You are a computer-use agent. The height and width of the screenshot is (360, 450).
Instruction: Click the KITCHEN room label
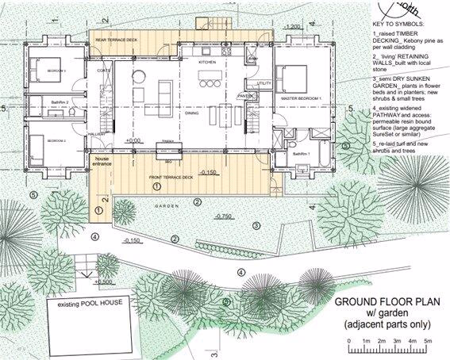pos(207,61)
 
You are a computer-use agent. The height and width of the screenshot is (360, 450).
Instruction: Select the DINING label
pos(192,113)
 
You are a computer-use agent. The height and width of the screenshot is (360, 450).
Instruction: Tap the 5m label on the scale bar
pos(429,340)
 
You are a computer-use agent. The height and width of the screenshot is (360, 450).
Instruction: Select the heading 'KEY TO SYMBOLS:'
pos(398,26)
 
